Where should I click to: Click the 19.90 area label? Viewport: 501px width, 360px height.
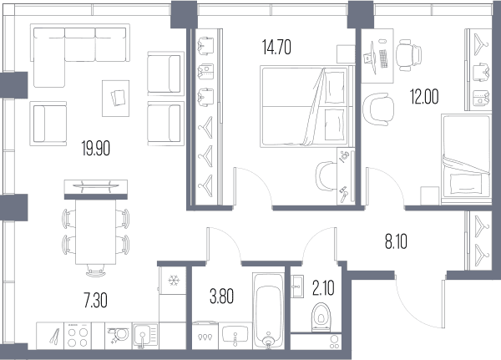pyautogui.click(x=96, y=149)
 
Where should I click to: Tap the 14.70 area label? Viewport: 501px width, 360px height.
pyautogui.click(x=276, y=48)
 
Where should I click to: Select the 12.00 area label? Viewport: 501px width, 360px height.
pyautogui.click(x=424, y=97)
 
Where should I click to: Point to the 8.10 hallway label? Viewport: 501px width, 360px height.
pyautogui.click(x=396, y=241)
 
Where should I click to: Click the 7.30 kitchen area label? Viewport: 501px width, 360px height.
pyautogui.click(x=95, y=301)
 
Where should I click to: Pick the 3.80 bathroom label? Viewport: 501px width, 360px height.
pyautogui.click(x=221, y=296)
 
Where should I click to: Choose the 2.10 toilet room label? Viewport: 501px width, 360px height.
pyautogui.click(x=323, y=287)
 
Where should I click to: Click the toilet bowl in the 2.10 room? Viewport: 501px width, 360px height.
pyautogui.click(x=321, y=317)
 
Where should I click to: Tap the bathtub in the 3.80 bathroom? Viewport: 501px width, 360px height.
pyautogui.click(x=268, y=311)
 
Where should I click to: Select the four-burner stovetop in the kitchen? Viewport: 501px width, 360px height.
pyautogui.click(x=78, y=336)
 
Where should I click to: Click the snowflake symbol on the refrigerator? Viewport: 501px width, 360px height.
pyautogui.click(x=174, y=281)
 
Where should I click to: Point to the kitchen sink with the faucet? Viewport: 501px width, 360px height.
pyautogui.click(x=145, y=336)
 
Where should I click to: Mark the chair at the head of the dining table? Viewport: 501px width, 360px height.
pyautogui.click(x=96, y=271)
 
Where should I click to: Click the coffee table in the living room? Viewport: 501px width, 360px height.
pyautogui.click(x=116, y=99)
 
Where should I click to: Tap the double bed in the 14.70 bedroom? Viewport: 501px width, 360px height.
pyautogui.click(x=306, y=107)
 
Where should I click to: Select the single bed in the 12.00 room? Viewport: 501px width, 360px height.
pyautogui.click(x=466, y=160)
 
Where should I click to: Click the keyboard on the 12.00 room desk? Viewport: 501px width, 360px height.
pyautogui.click(x=383, y=58)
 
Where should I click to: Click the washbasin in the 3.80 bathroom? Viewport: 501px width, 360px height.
pyautogui.click(x=235, y=334)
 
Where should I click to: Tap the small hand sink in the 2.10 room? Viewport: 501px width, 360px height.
pyautogui.click(x=297, y=286)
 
